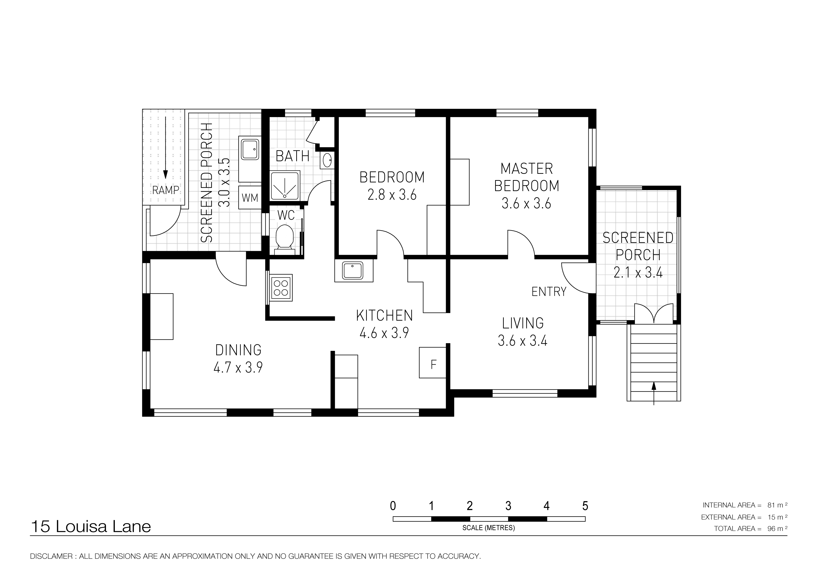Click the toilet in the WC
tap(285, 240)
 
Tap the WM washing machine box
tap(250, 197)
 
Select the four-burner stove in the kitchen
tap(281, 288)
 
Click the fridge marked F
tap(433, 363)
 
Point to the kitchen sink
tap(353, 271)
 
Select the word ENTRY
tap(549, 292)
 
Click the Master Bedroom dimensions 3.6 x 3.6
tap(526, 203)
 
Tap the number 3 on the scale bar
tap(508, 506)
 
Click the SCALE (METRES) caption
tap(489, 528)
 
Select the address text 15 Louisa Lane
tap(91, 527)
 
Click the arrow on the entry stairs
tap(654, 394)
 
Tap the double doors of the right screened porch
tap(654, 314)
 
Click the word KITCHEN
tap(384, 315)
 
